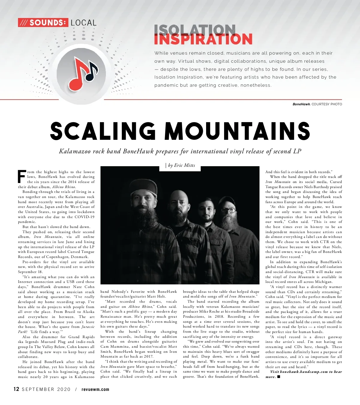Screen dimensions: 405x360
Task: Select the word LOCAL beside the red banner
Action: tap(83, 23)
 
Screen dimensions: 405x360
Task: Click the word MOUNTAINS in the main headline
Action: tap(237, 131)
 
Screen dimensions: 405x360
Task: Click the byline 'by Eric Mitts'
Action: tap(181, 165)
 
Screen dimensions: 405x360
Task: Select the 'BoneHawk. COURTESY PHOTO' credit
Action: tap(317, 104)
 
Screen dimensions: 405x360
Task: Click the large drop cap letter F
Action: tap(22, 177)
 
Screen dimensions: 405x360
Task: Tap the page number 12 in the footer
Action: tap(16, 389)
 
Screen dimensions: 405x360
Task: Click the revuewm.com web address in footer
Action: tap(95, 389)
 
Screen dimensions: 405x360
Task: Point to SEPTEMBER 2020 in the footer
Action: tap(46, 389)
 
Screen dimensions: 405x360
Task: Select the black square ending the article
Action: tap(279, 376)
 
